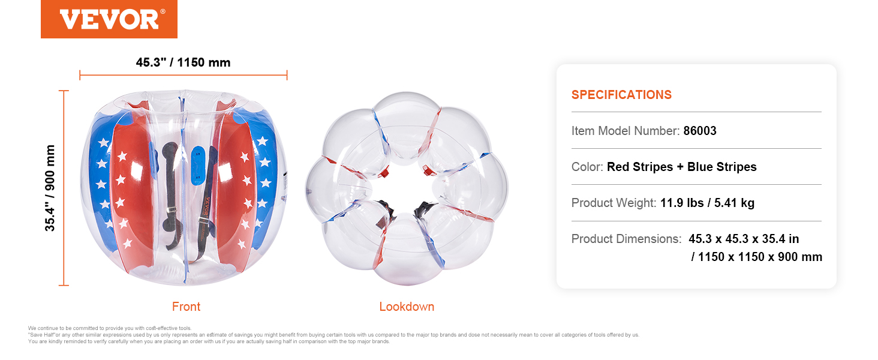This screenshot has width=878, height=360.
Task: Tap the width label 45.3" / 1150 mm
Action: pos(183,62)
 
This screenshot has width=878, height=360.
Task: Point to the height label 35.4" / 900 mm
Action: pos(50,188)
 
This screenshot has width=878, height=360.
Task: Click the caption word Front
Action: pos(186,306)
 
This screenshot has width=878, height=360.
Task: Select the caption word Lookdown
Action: pos(407,306)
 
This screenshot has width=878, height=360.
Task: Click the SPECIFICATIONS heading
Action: pos(621,95)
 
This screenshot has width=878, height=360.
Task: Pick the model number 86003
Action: pos(700,131)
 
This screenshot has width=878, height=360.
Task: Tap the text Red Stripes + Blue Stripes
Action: pos(682,167)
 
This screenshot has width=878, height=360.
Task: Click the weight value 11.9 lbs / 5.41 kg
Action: pos(707,203)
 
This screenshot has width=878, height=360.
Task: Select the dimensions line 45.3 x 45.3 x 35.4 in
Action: pos(744,238)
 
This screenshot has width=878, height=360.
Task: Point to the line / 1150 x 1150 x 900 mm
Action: pos(756,257)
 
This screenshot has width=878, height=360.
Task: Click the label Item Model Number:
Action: pos(625,131)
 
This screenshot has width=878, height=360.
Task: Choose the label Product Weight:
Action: pos(614,203)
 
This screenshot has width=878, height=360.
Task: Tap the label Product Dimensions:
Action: pos(626,238)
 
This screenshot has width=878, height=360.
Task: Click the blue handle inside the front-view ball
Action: pos(198,166)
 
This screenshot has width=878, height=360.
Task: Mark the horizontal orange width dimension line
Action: pos(184,75)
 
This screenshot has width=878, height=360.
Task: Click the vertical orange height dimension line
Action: pos(64,188)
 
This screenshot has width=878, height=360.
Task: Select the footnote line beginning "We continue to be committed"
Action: pos(110,328)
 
